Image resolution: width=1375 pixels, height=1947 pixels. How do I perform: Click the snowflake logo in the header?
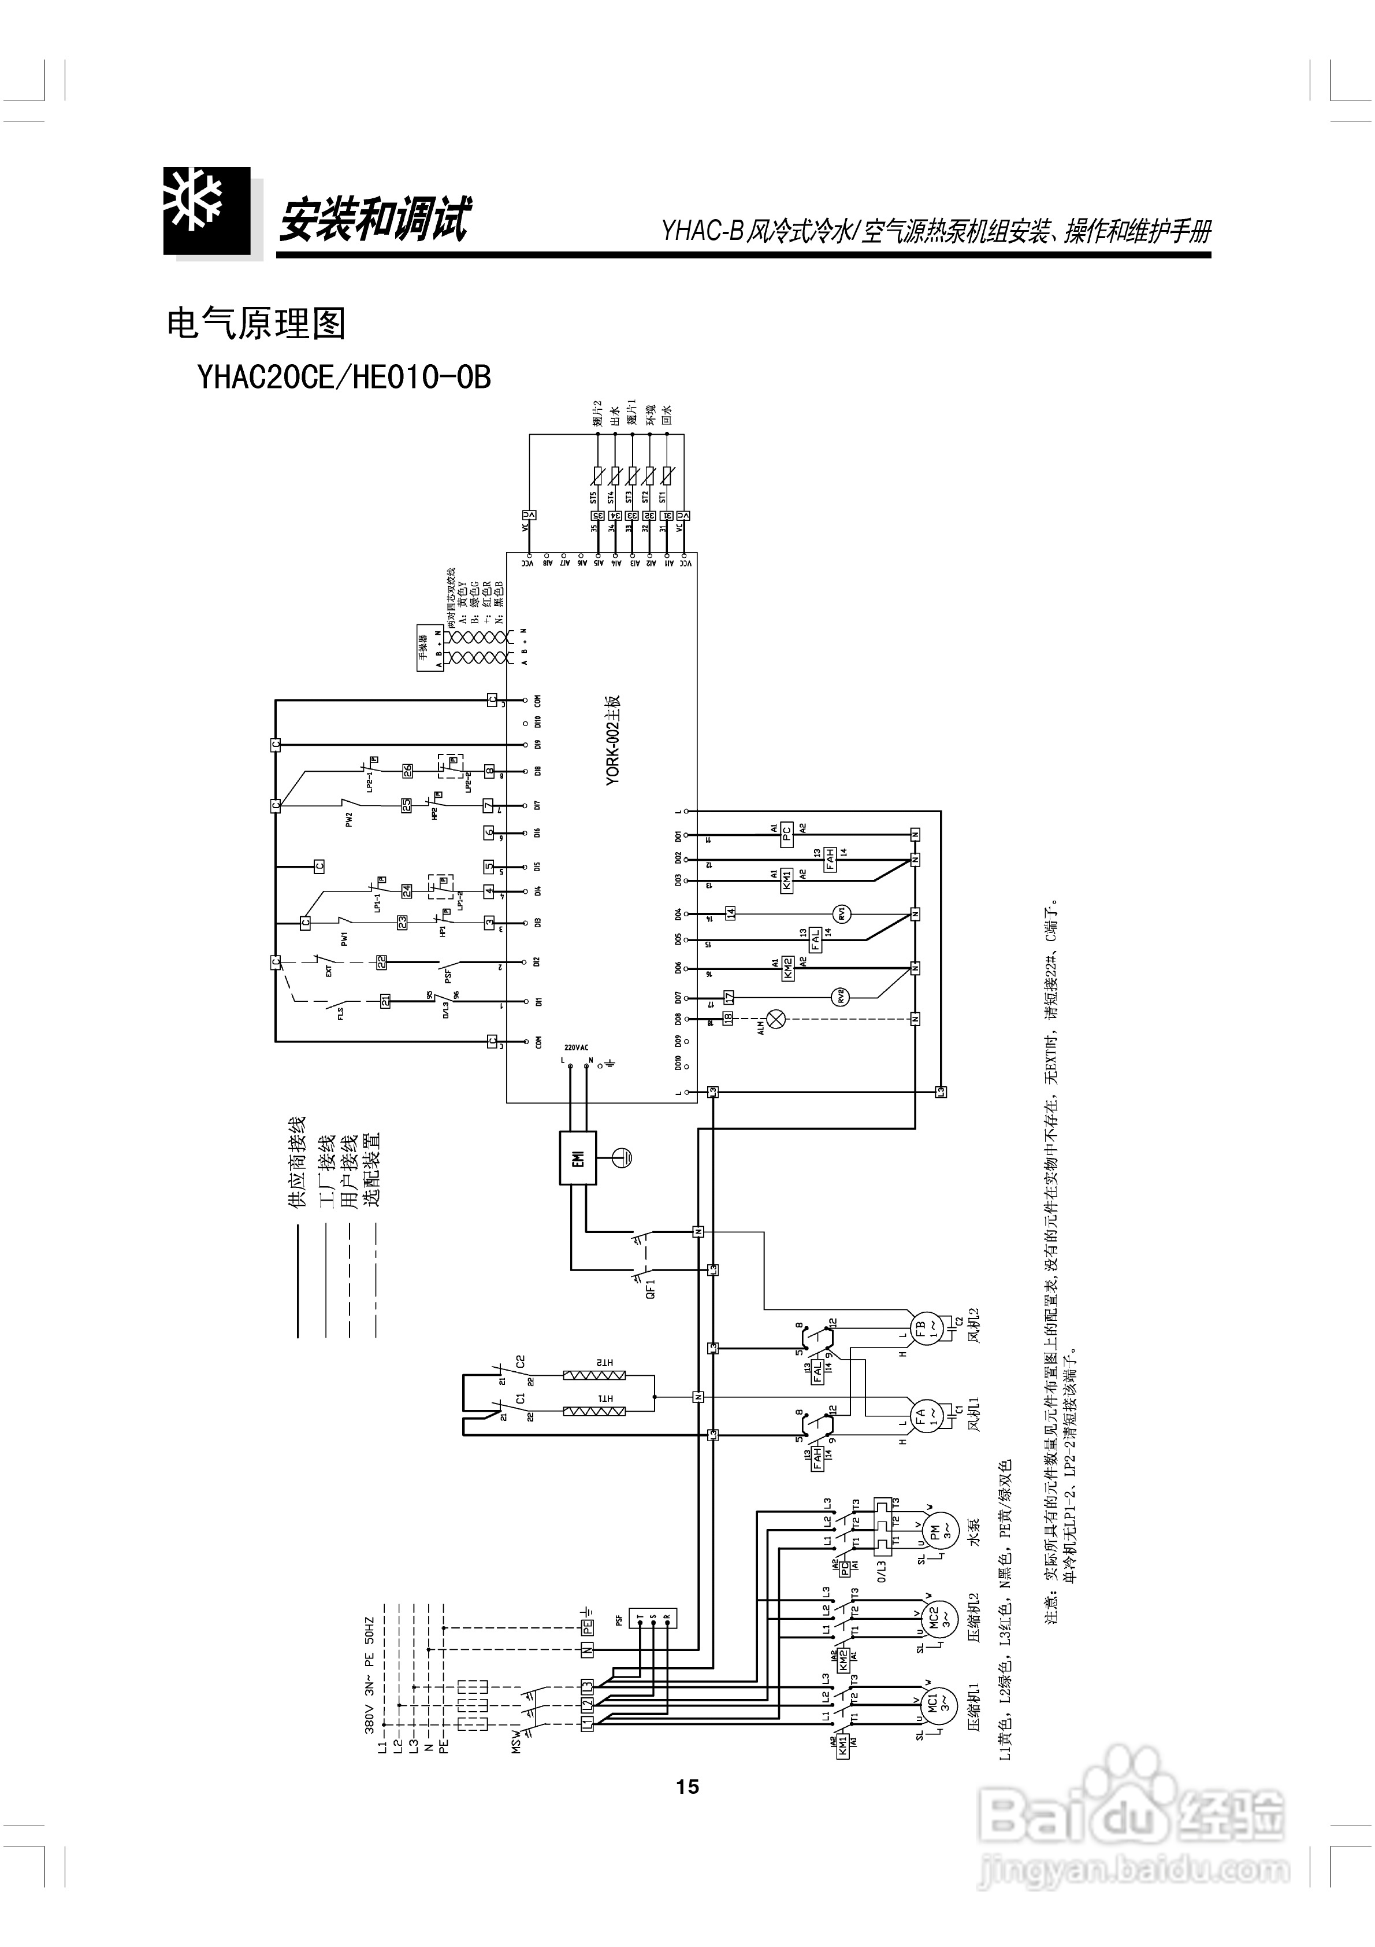point(207,211)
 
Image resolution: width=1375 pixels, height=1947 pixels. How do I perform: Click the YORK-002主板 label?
point(614,741)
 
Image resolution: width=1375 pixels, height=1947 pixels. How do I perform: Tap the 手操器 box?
point(430,650)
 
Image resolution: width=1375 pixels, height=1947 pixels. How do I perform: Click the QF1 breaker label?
point(651,1290)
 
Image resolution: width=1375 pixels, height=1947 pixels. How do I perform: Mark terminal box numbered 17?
point(728,997)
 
